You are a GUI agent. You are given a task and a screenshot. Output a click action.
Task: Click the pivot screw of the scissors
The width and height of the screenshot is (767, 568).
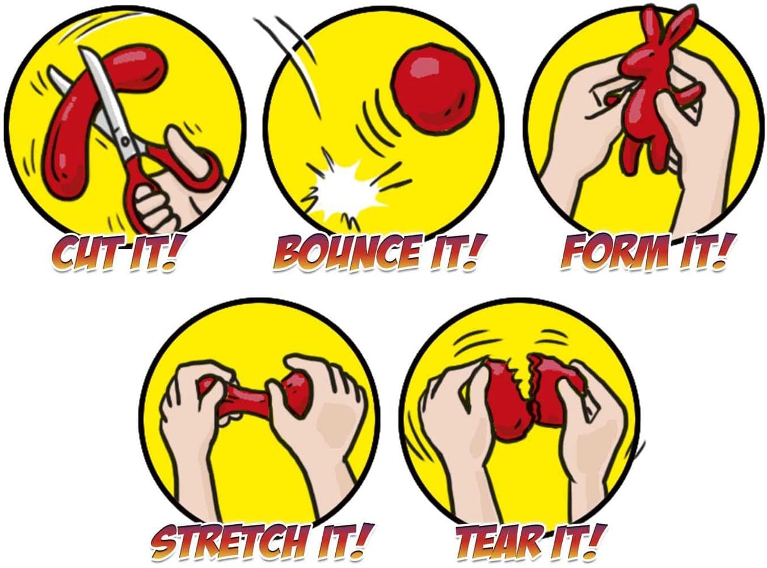click(125, 141)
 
